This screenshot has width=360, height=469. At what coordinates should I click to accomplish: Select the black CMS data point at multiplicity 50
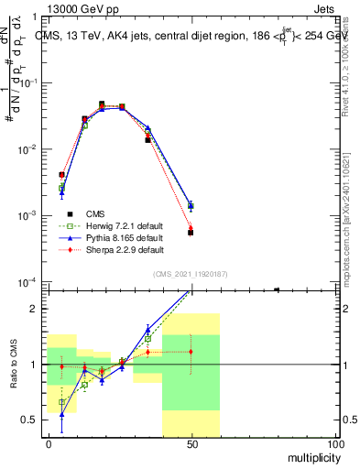click(191, 233)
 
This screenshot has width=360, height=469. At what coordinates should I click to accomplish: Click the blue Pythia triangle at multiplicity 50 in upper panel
click(191, 205)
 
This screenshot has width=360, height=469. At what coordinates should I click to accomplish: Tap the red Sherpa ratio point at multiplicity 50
click(191, 352)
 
